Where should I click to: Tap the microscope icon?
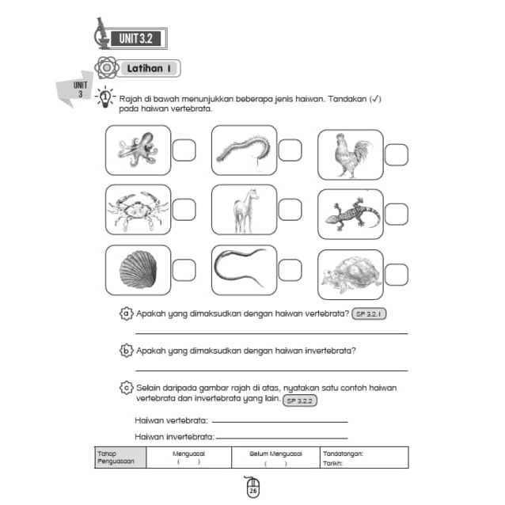pos(101,34)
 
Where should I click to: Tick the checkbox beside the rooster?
pos(396,154)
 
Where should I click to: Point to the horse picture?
pos(244,210)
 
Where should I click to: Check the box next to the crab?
pos(184,210)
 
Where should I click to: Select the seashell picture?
pos(137,270)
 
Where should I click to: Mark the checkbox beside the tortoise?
pos(396,275)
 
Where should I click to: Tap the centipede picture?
pos(244,150)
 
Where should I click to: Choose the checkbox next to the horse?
pos(290,210)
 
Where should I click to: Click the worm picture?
pos(244,270)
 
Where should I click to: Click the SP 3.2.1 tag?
pos(369,314)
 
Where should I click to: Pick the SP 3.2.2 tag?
pos(302,401)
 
